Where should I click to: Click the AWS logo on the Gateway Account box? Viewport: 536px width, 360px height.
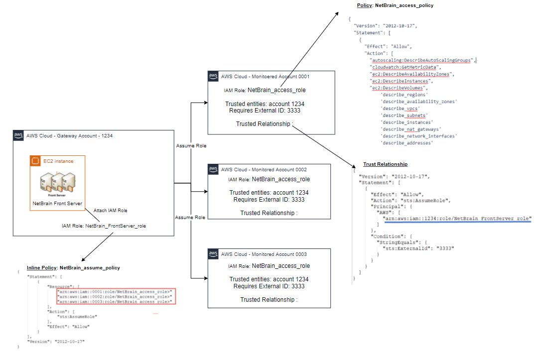(x=18, y=135)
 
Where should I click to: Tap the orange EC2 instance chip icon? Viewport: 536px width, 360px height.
(x=35, y=161)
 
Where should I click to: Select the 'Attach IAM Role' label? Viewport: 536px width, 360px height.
(x=111, y=211)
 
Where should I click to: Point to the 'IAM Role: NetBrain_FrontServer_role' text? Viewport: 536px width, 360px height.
(x=104, y=226)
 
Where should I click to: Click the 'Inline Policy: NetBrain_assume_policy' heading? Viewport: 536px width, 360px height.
(x=73, y=267)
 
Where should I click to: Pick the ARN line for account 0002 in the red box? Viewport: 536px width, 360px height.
(x=115, y=296)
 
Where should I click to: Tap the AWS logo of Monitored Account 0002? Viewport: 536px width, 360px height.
(x=213, y=169)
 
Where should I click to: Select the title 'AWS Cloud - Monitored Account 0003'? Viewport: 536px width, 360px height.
(x=264, y=254)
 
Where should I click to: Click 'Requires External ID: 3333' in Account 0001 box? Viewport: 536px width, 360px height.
(x=269, y=111)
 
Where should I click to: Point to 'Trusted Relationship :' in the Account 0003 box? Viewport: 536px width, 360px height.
(x=269, y=299)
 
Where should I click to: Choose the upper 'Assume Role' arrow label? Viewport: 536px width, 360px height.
(x=191, y=146)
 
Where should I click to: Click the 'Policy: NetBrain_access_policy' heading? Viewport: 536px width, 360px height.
(x=395, y=5)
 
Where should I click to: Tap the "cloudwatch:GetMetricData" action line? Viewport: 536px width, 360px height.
(x=404, y=67)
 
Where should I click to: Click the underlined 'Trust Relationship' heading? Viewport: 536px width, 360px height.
(x=385, y=164)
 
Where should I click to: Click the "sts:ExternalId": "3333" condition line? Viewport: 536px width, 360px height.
(x=418, y=248)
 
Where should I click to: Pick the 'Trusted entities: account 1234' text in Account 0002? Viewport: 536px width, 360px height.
(x=269, y=193)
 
